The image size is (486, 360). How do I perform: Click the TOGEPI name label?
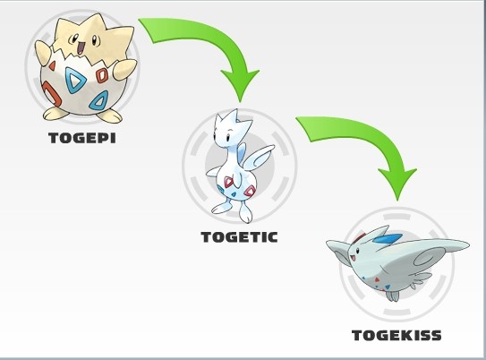(x=82, y=138)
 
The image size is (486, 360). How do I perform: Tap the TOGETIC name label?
(x=239, y=237)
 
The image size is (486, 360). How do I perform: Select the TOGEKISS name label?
(x=396, y=335)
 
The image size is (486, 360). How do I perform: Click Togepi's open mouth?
(x=81, y=48)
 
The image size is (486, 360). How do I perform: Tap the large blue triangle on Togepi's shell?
(x=75, y=81)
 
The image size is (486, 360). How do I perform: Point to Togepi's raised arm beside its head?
(x=43, y=51)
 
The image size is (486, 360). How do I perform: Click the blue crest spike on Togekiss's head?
(x=388, y=238)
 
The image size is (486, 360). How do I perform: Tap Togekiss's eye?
(x=358, y=250)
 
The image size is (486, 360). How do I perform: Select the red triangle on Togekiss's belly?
(x=377, y=279)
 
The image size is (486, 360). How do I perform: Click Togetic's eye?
(x=228, y=137)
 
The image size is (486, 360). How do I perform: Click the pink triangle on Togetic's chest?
(x=229, y=182)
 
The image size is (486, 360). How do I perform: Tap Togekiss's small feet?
(x=392, y=296)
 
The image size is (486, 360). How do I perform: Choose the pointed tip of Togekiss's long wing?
(x=468, y=245)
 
